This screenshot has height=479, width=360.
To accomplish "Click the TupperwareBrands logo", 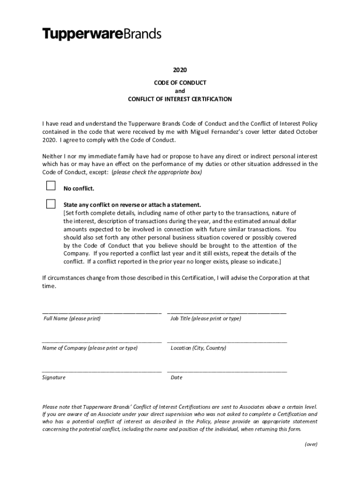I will pyautogui.click(x=102, y=34).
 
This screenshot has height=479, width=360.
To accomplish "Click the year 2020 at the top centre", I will pyautogui.click(x=180, y=70).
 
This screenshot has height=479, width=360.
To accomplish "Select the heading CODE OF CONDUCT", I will pyautogui.click(x=180, y=83).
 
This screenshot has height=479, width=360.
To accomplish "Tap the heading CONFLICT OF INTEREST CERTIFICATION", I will pyautogui.click(x=180, y=99).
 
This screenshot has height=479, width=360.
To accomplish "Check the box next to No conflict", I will pyautogui.click(x=50, y=186).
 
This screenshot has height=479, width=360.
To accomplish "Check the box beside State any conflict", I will pyautogui.click(x=50, y=203).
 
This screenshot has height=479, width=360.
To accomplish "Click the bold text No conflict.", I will pyautogui.click(x=79, y=189).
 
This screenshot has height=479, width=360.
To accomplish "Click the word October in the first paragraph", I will pyautogui.click(x=307, y=132).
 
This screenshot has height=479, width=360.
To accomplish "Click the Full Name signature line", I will pyautogui.click(x=102, y=312).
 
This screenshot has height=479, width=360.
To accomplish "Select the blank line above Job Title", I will pyautogui.click(x=227, y=312).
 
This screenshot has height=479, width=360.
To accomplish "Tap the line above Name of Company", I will pyautogui.click(x=102, y=341).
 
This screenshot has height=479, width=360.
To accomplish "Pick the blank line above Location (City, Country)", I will pyautogui.click(x=227, y=341).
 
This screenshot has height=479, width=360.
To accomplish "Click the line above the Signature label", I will pyautogui.click(x=102, y=370).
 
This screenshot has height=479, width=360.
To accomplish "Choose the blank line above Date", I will pyautogui.click(x=227, y=370).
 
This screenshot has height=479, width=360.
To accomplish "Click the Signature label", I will pyautogui.click(x=54, y=377).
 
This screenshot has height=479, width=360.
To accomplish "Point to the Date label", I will pyautogui.click(x=176, y=377).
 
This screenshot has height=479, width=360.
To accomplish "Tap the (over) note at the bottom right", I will pyautogui.click(x=310, y=444).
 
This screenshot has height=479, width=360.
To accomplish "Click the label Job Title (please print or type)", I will pyautogui.click(x=206, y=319).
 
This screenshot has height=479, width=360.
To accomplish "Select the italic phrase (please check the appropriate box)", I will pyautogui.click(x=156, y=172).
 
